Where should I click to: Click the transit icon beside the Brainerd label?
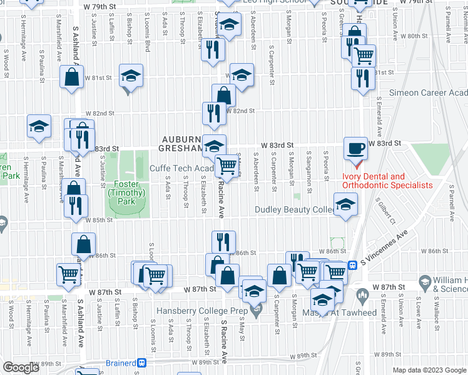pos(142,362)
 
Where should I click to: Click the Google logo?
pos(21,367)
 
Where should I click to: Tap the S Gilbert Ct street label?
pos(385,212)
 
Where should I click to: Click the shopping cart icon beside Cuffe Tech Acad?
pos(226,166)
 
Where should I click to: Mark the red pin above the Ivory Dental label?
pos(357,166)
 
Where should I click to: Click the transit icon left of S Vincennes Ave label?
pos(352,264)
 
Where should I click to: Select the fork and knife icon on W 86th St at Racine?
pos(223,241)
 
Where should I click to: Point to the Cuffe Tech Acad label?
pos(182,169)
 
